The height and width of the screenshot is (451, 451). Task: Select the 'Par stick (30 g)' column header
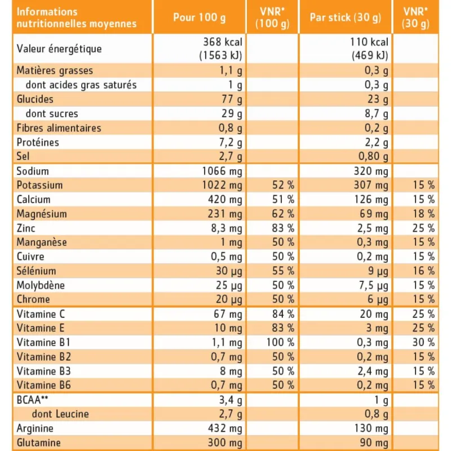click(346, 17)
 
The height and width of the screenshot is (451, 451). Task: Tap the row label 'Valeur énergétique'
click(59, 48)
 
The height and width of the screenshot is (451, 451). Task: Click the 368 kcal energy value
click(223, 42)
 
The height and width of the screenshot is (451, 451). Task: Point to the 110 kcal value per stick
click(369, 42)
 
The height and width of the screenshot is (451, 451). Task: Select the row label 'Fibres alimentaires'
click(59, 128)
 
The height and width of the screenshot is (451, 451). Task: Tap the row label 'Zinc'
click(26, 228)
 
